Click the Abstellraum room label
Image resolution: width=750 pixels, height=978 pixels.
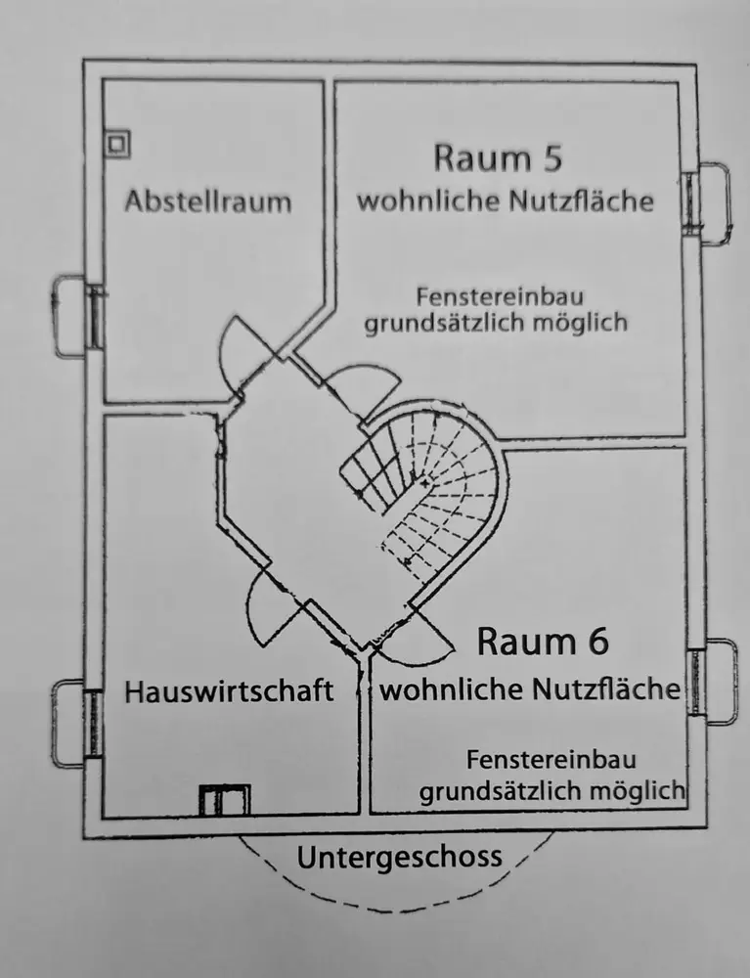coord(207,202)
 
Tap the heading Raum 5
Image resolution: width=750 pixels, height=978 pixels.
coord(499,157)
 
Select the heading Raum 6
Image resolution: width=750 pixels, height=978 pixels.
coord(542,642)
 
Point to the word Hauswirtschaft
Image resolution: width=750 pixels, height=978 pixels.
coord(229,691)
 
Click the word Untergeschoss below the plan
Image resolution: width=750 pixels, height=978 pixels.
coord(399,858)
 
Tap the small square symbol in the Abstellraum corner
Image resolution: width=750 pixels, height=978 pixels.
coord(118,143)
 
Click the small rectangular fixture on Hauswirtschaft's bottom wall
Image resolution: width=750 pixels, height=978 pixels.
coord(224,800)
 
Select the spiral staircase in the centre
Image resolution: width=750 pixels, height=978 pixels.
coord(425,494)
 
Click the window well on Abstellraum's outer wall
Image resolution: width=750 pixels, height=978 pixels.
coord(72,316)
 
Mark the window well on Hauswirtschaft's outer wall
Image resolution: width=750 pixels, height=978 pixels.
coord(72,722)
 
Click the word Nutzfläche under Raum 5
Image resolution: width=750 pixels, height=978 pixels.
coord(581,202)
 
